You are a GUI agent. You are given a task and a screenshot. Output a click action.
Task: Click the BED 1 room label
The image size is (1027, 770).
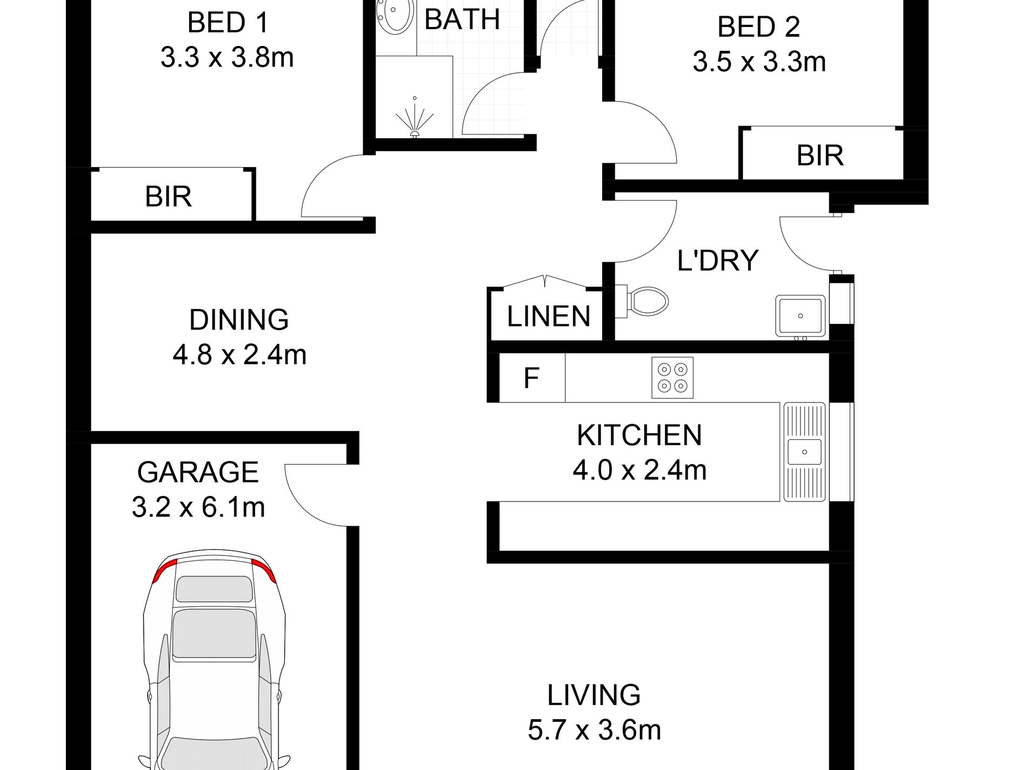pos(228,23)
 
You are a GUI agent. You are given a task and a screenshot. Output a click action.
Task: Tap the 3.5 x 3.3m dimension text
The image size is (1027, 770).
pos(759,62)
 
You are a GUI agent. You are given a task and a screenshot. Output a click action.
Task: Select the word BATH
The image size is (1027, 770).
pos(462,20)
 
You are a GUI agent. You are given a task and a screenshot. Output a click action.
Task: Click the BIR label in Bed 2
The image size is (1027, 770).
pos(820,156)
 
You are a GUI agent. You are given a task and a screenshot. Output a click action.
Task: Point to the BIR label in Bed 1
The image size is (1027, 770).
pos(168,196)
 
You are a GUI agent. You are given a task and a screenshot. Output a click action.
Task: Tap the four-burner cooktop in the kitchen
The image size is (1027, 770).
pos(672,378)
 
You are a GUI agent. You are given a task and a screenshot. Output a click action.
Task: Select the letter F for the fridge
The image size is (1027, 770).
pos(531,378)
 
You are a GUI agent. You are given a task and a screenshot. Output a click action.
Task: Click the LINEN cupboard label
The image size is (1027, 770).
pos(549,316)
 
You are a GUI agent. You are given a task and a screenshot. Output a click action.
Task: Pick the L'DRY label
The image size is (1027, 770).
pos(718,260)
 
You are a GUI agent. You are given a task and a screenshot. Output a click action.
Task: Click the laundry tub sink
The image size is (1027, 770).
pos(801,316)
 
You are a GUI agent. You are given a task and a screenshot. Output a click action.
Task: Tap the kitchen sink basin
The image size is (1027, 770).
pos(804,452)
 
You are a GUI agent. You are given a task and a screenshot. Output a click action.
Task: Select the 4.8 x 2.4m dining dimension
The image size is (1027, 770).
pos(239,355)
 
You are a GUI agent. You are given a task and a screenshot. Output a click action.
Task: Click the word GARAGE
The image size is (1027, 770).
pos(198,472)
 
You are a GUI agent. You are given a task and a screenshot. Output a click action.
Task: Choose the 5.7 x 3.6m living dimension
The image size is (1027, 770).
pos(595,730)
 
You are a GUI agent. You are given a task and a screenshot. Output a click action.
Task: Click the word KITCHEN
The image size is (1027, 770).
pos(639,436)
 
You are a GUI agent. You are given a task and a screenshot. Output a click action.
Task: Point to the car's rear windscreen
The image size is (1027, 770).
pos(215,589)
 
